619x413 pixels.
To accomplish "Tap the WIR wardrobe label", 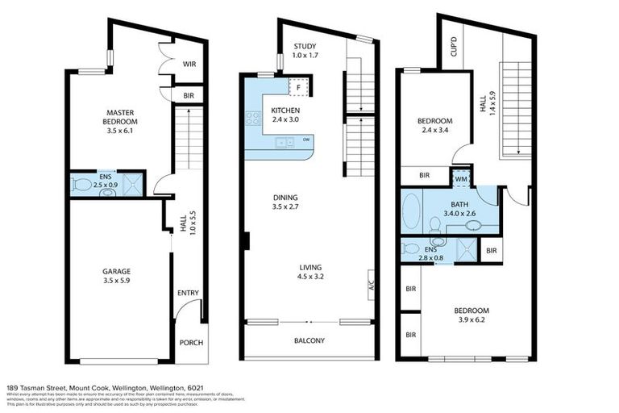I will click(190, 65).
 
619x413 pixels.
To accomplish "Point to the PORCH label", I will click(191, 343).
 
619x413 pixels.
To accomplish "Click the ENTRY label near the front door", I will click(188, 293).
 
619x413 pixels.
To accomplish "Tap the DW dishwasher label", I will click(306, 140).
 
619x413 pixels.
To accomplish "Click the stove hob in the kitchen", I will click(251, 118).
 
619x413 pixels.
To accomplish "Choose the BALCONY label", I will click(309, 340).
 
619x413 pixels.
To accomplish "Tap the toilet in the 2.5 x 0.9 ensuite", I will click(82, 184).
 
